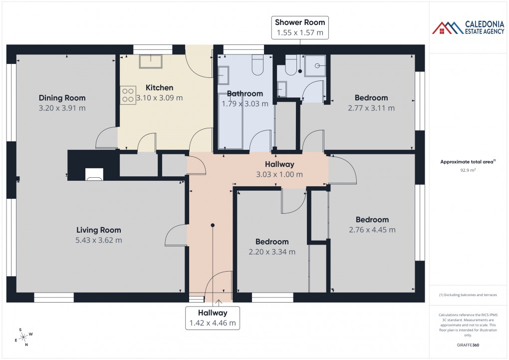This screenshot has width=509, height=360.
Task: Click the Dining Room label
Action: (62, 98)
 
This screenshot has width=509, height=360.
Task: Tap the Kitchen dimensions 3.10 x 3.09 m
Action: (159, 98)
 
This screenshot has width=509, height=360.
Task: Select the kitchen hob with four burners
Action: (128, 95)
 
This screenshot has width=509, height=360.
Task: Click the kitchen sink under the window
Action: (150, 61)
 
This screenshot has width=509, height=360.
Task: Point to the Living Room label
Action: (98, 230)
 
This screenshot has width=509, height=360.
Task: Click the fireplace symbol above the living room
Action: (94, 174)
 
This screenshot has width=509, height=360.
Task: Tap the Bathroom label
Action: (245, 93)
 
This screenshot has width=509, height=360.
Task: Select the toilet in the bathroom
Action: (257, 65)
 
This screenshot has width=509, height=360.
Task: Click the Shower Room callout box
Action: (300, 27)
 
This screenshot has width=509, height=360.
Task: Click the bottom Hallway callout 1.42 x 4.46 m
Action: (212, 318)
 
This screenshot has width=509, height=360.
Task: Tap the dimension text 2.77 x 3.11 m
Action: (372, 108)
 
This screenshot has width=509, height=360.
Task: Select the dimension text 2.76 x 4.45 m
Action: (372, 230)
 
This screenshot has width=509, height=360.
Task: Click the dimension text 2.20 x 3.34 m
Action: (272, 252)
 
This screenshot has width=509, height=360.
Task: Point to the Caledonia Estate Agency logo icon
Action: (448, 28)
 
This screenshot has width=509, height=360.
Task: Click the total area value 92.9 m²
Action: (468, 170)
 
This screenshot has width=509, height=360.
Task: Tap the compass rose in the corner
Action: (23, 337)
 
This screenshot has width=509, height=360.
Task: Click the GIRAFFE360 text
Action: (468, 345)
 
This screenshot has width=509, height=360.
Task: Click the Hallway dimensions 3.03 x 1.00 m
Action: (279, 174)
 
